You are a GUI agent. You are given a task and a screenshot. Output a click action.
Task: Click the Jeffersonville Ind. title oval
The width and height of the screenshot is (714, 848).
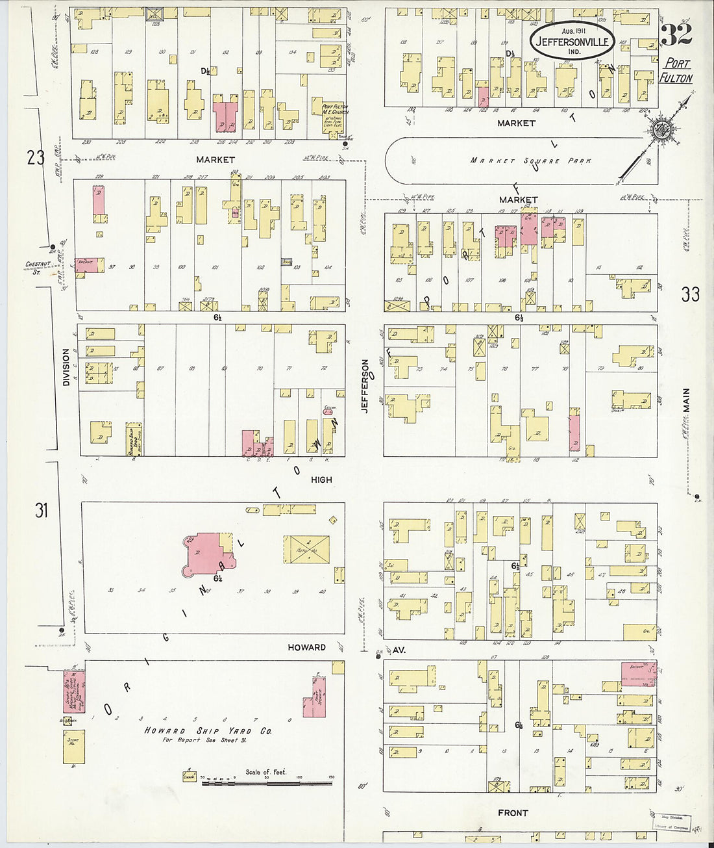pos(572,41)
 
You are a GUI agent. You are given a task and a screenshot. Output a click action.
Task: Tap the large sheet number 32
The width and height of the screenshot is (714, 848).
pos(676,34)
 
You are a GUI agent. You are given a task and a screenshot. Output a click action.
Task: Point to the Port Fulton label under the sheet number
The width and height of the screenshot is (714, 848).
pos(676,71)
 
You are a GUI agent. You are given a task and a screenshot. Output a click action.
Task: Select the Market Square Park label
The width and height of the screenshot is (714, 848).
pos(531,161)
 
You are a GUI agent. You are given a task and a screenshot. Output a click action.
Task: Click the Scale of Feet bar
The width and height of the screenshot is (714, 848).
pos(267,782)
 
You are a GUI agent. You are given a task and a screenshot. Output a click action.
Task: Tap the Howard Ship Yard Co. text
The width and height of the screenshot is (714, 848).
pos(208,731)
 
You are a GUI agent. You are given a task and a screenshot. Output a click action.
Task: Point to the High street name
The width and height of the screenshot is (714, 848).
pos(321,480)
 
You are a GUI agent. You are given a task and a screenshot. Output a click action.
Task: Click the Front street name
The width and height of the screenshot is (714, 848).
pos(513,813)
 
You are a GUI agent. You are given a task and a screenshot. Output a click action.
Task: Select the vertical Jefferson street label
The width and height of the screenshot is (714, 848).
pos(365,386)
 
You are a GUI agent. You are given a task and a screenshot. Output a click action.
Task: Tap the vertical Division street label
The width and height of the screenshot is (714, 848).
pos(66,367)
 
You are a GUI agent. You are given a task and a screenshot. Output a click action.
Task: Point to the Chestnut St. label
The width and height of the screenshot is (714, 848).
pos(38,267)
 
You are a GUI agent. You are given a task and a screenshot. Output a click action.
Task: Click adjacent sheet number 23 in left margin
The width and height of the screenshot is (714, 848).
pos(36,157)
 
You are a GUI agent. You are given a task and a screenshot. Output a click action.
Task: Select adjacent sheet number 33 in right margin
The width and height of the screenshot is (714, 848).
pos(690,294)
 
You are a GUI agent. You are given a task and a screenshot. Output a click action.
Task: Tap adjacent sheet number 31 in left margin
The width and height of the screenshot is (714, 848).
pos(42,511)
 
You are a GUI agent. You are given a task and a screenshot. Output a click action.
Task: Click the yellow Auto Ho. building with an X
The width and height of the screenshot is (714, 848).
pos(306,549)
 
